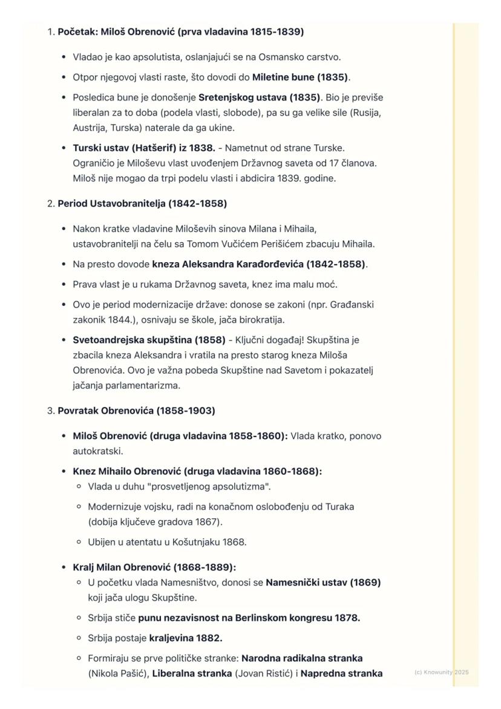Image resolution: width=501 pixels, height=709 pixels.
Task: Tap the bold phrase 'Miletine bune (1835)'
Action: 300,77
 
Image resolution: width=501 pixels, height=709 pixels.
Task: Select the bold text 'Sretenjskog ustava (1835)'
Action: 260,97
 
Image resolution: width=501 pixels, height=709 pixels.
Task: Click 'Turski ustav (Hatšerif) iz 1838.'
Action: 143,148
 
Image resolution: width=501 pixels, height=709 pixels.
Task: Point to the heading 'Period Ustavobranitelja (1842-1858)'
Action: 142,203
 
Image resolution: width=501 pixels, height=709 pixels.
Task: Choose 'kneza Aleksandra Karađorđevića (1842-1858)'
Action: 259,264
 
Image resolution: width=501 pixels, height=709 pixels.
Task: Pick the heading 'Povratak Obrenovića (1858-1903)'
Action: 136,411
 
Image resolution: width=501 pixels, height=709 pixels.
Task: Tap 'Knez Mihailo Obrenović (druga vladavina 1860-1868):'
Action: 197,471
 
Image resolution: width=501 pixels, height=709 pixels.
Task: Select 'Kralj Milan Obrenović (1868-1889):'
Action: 154,567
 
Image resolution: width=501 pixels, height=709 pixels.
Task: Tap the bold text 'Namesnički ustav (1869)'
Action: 323,582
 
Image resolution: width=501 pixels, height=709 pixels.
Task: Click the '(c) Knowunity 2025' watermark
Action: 441,672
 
